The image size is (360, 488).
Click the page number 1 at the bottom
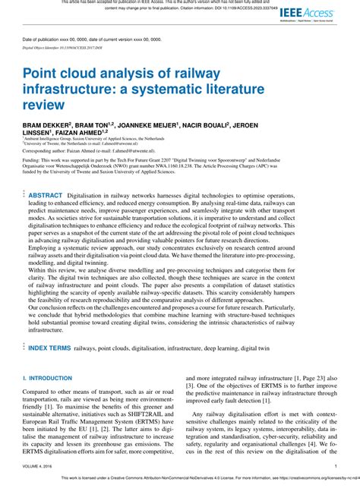click(336, 467)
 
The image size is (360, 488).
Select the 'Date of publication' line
click(84, 39)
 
